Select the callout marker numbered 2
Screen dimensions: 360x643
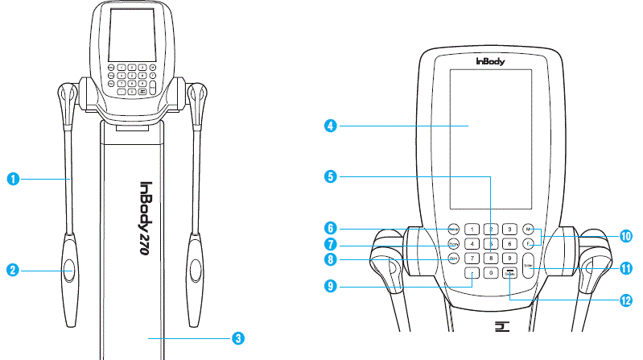pyautogui.click(x=14, y=271)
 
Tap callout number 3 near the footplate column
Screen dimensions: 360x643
pyautogui.click(x=237, y=338)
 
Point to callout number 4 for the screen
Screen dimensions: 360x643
pyautogui.click(x=330, y=126)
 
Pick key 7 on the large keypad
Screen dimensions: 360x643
pyautogui.click(x=472, y=259)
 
